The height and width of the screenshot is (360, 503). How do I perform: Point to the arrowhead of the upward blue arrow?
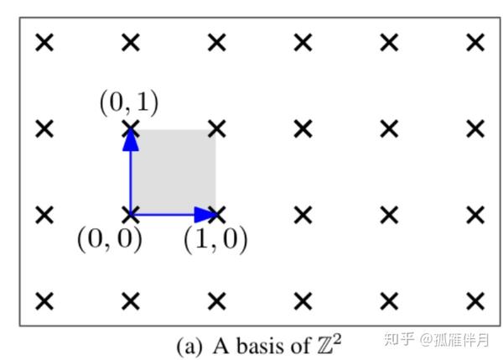130,139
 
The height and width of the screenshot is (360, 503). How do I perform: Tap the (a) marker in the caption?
188,344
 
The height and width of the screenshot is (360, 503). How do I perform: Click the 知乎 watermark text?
398,340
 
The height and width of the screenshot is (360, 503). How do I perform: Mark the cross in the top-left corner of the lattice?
45,43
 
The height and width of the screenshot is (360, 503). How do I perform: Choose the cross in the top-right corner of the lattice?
475,43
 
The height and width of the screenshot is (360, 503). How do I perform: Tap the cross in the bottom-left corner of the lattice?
45,300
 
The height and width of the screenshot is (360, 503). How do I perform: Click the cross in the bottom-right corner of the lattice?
475,300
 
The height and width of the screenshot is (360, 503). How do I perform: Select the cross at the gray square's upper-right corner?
217,128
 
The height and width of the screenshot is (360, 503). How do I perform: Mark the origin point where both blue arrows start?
131,215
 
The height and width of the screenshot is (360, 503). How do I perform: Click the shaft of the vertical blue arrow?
131,180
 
